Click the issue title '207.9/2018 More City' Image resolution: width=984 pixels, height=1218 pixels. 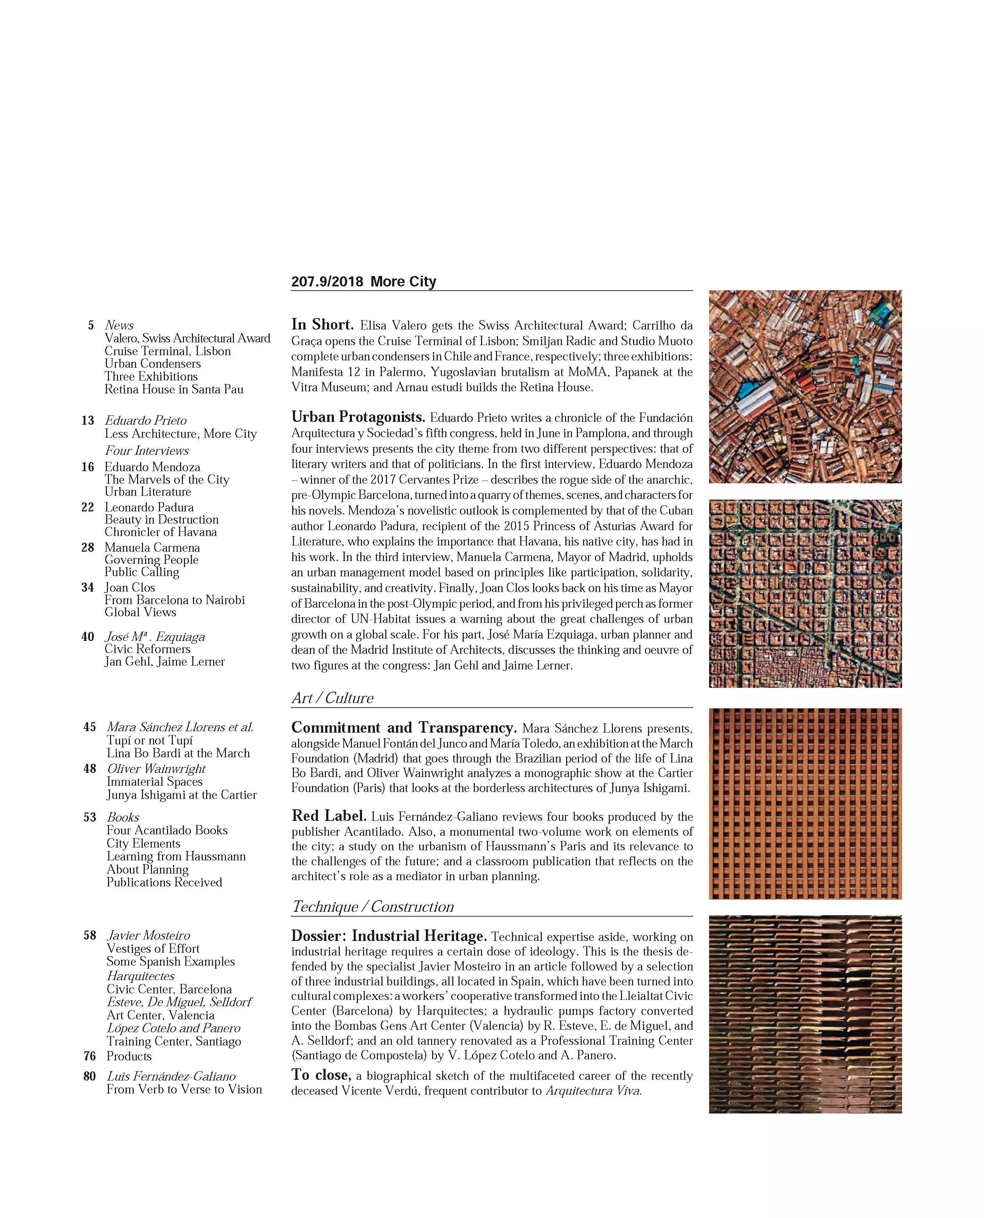pyautogui.click(x=363, y=282)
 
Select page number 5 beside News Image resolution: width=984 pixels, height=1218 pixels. pyautogui.click(x=91, y=325)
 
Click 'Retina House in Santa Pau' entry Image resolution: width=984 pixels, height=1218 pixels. pyautogui.click(x=174, y=390)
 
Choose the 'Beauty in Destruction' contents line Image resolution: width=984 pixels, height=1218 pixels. pyautogui.click(x=161, y=519)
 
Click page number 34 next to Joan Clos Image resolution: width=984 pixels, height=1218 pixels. pyautogui.click(x=88, y=587)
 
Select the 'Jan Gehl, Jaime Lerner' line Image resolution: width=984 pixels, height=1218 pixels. pyautogui.click(x=165, y=662)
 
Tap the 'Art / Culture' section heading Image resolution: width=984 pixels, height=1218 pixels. pyautogui.click(x=333, y=698)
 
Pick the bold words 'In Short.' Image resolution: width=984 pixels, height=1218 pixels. pyautogui.click(x=322, y=325)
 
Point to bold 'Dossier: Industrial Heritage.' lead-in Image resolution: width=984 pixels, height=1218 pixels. pyautogui.click(x=389, y=936)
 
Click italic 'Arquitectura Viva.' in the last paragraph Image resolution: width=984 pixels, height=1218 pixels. pyautogui.click(x=594, y=1091)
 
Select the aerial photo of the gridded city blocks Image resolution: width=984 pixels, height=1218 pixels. pyautogui.click(x=805, y=594)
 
